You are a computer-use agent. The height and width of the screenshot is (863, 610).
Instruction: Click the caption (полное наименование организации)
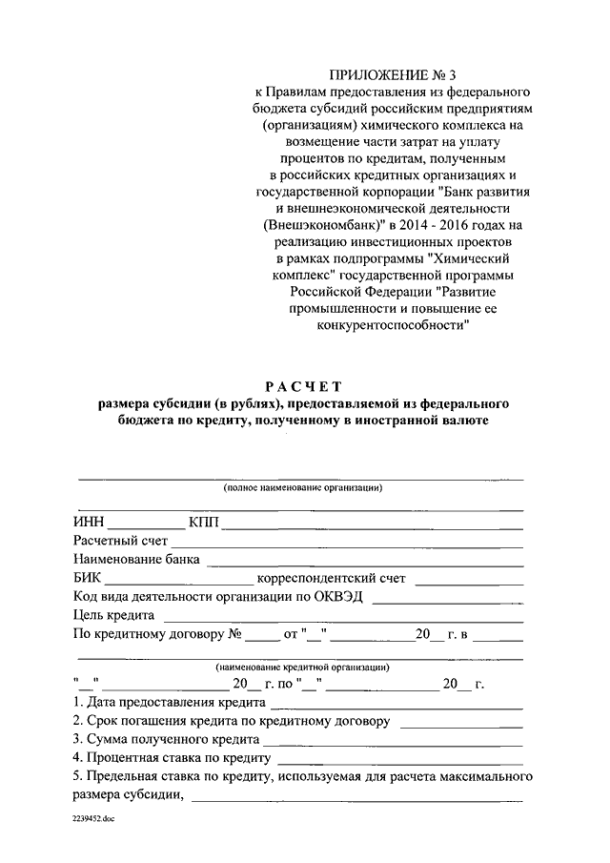point(303,487)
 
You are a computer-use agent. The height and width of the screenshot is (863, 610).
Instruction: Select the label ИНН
point(88,522)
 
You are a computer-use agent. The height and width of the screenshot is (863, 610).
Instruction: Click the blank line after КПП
point(373,526)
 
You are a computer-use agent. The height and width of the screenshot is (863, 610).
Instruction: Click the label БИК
point(87,579)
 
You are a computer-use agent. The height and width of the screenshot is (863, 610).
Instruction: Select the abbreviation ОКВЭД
point(341,597)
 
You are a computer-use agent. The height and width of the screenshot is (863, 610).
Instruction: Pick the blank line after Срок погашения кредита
point(461,726)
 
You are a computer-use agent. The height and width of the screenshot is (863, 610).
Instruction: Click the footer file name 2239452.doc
point(94,819)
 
